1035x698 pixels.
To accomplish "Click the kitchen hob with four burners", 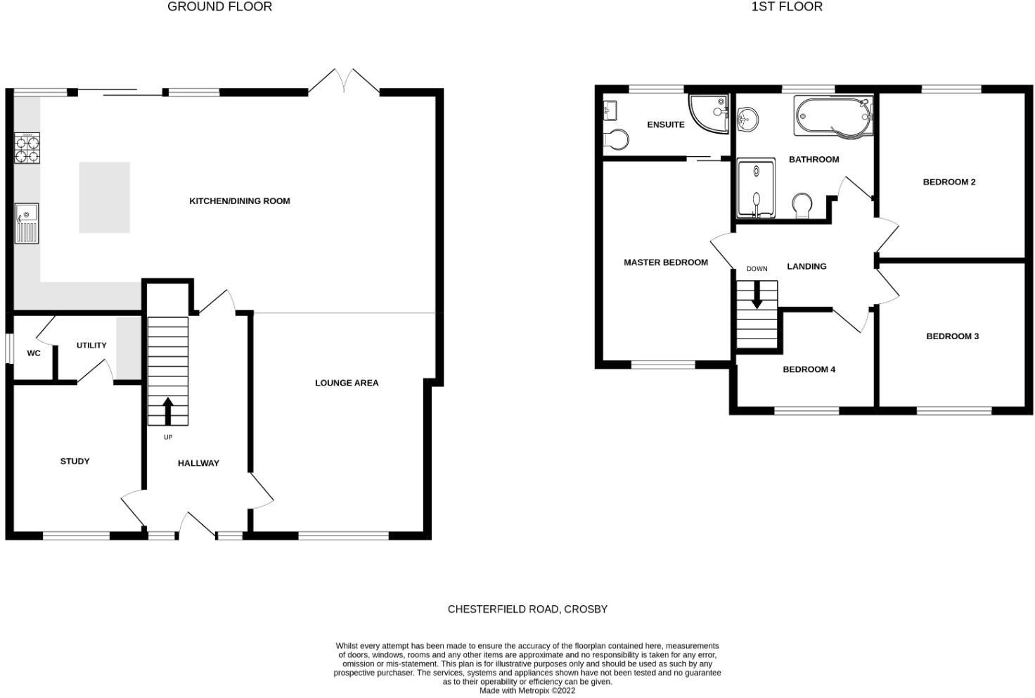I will pos(27,148).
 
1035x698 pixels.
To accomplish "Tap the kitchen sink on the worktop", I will pos(27,223).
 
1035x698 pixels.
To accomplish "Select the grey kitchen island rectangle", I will pos(104,198).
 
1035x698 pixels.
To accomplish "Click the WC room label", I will pos(34,353).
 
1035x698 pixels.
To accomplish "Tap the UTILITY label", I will pos(91,345).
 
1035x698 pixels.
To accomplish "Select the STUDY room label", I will pos(75,462).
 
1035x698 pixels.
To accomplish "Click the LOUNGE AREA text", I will pos(347,383).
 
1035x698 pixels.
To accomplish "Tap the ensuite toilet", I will pos(616,139).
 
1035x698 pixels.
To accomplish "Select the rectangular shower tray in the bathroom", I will pos(756,188).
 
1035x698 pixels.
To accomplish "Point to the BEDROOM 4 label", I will pos(809,369).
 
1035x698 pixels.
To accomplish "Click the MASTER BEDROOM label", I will pos(665,262).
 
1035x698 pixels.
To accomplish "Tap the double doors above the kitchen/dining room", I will pos(344,82).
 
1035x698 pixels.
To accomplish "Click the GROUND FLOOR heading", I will pos(219,7).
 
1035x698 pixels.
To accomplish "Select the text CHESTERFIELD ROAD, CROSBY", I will pos(527,609).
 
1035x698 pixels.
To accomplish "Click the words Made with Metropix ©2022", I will pos(527,691).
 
